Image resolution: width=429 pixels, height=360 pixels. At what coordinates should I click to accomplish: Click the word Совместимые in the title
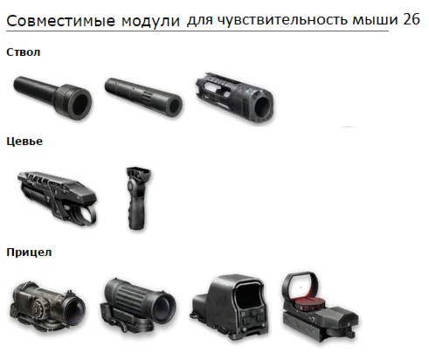tap(60, 21)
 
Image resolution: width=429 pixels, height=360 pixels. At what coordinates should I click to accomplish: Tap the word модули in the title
tap(150, 22)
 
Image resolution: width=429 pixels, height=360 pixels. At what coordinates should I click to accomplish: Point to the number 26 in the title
tap(412, 19)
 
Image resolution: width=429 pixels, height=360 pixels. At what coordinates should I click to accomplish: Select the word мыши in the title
tap(375, 20)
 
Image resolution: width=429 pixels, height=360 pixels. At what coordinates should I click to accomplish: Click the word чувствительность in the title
tap(282, 20)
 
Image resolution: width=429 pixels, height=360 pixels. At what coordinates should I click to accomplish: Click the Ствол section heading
tap(24, 52)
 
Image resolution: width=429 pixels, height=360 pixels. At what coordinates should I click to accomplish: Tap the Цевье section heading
tap(24, 142)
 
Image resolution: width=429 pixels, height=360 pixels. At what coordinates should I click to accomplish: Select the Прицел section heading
tap(29, 253)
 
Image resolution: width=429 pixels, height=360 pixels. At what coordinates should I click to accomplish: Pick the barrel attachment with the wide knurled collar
tap(52, 97)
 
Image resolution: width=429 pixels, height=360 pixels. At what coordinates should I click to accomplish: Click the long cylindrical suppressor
tap(143, 97)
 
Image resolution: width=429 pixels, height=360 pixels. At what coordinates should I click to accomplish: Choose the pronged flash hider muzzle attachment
tap(235, 98)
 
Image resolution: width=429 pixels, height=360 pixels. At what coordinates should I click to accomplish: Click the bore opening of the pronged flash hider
tap(262, 107)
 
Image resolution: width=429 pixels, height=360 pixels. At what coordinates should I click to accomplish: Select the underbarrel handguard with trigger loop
tap(57, 198)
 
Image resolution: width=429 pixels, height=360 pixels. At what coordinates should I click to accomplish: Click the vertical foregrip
tap(138, 198)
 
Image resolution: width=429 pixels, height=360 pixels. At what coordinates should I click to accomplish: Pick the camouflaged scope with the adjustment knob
tap(47, 307)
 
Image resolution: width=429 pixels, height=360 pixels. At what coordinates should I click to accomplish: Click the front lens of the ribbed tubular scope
tap(163, 308)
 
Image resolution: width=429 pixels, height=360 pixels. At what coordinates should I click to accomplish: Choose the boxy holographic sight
tap(230, 308)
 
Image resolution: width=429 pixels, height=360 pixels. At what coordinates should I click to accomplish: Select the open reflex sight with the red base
tap(320, 307)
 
